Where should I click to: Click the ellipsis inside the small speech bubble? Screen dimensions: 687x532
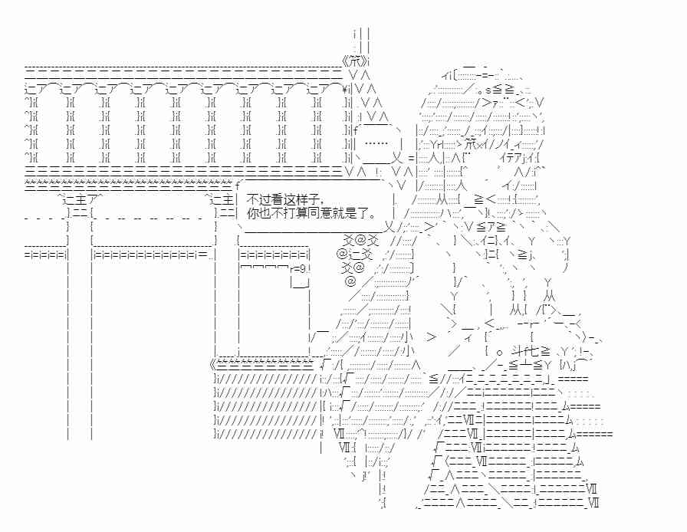(376, 143)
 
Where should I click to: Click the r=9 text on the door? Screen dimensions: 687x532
(300, 268)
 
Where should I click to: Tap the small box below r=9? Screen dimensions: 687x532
(301, 282)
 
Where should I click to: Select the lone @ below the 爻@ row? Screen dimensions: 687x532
(350, 281)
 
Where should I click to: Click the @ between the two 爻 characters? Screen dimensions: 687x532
(360, 240)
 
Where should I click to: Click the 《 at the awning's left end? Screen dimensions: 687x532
(213, 364)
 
